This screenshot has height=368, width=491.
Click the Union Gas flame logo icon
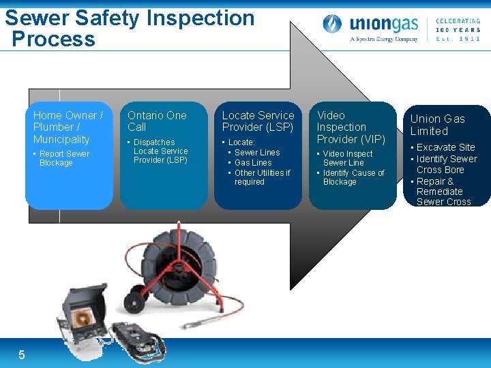pyautogui.click(x=332, y=25)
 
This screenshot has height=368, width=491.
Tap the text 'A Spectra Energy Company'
pyautogui.click(x=384, y=39)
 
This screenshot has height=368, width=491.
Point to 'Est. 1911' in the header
pyautogui.click(x=458, y=39)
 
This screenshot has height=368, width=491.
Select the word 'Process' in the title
pyautogui.click(x=53, y=39)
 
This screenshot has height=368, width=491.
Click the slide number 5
pyautogui.click(x=22, y=354)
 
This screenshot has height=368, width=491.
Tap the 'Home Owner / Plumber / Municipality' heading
pyautogui.click(x=68, y=127)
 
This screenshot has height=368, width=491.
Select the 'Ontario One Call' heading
pyautogui.click(x=157, y=121)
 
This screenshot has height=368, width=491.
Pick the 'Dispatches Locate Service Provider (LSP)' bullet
pyautogui.click(x=160, y=151)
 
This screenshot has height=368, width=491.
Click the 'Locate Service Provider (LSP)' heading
pyautogui.click(x=258, y=121)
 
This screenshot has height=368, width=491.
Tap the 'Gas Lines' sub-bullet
pyautogui.click(x=253, y=163)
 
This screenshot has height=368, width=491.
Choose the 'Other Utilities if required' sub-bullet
pyautogui.click(x=262, y=177)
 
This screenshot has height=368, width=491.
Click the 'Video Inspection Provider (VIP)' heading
pyautogui.click(x=351, y=127)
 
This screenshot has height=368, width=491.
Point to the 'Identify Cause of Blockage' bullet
pyautogui.click(x=353, y=177)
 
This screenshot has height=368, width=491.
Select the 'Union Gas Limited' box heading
pyautogui.click(x=438, y=125)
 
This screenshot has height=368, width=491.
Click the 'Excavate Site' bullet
pyautogui.click(x=445, y=147)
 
